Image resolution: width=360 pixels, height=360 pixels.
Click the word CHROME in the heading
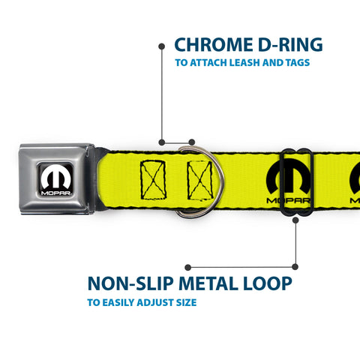tap(214, 45)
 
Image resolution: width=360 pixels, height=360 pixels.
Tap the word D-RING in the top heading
tap(290, 45)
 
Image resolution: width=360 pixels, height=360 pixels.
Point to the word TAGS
tap(298, 62)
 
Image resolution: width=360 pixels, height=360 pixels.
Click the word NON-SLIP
tap(130, 283)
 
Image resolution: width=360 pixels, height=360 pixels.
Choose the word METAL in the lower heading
tap(208, 283)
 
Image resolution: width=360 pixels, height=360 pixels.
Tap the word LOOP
tap(268, 283)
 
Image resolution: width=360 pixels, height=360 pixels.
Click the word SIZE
tap(186, 302)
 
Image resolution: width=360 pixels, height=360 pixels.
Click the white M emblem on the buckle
tap(55, 176)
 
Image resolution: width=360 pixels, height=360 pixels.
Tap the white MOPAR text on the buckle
tap(55, 193)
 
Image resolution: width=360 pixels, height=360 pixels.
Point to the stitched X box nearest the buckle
tap(153, 180)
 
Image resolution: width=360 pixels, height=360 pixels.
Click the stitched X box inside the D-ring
tap(200, 181)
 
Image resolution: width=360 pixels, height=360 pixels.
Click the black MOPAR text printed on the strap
tap(288, 200)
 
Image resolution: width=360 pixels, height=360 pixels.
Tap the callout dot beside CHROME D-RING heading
tap(162, 46)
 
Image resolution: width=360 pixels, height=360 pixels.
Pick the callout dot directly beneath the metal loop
tap(295, 220)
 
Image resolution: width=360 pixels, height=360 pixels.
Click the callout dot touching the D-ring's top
tap(192, 142)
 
